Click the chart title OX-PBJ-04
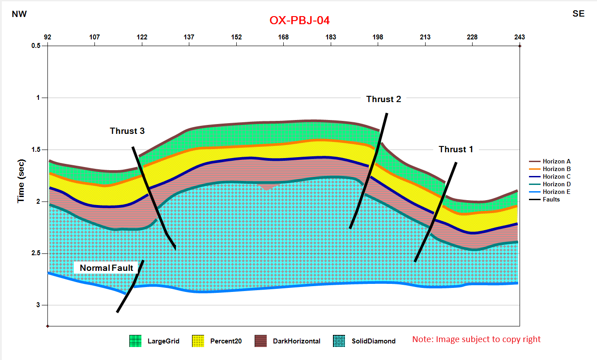point(299,21)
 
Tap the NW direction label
point(19,14)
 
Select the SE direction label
point(578,14)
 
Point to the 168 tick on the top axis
point(283,37)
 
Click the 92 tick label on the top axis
point(47,37)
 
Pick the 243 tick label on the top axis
point(519,37)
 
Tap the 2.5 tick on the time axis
point(36,253)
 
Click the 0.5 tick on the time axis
point(36,46)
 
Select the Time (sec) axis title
point(21,180)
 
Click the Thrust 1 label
point(456,150)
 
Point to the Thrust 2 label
point(384,99)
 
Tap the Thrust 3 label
point(127,131)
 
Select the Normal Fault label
point(107,268)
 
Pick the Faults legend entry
point(551,199)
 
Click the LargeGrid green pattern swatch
point(136,341)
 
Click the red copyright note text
point(476,339)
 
